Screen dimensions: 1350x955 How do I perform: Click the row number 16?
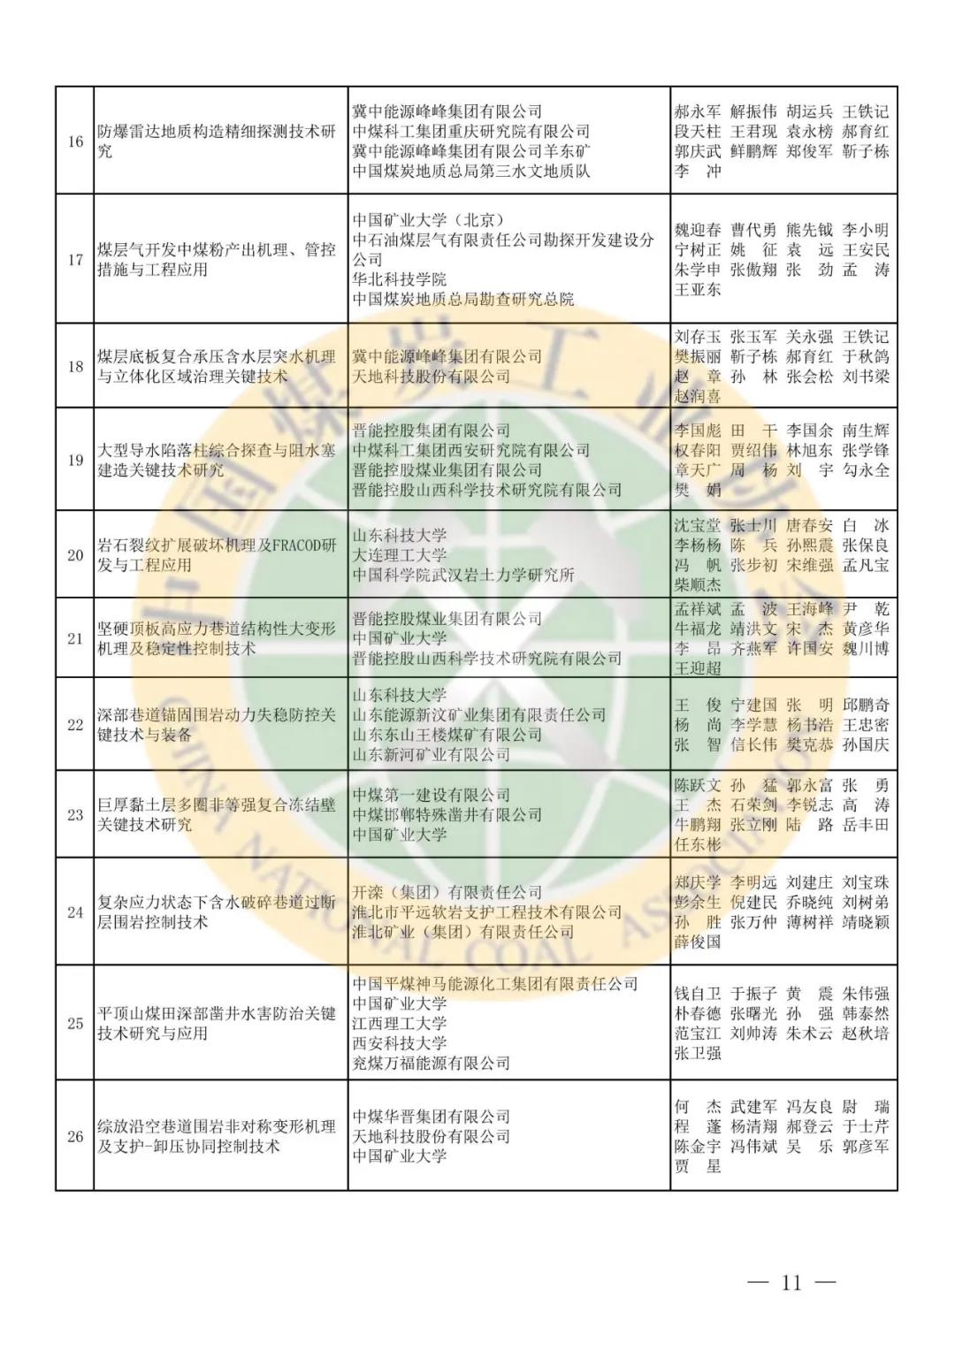[75, 141]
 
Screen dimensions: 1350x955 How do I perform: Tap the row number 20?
[75, 555]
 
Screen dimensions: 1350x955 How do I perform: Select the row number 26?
[75, 1136]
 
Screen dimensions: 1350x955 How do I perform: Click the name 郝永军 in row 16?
[698, 112]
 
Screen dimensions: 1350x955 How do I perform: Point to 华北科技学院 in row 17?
[400, 279]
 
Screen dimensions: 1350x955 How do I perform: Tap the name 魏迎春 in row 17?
[698, 231]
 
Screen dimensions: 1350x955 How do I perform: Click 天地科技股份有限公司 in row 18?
[432, 377]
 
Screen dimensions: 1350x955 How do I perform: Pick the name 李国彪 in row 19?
[698, 431]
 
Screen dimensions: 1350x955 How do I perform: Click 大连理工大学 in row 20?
[400, 555]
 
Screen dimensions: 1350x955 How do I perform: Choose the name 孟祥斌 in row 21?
[698, 609]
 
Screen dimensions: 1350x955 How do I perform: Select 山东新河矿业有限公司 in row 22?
[432, 755]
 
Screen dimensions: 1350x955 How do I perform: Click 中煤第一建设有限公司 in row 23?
[432, 795]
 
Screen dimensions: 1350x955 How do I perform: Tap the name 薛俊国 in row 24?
[698, 942]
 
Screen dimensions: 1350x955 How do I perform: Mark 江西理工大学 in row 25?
[400, 1024]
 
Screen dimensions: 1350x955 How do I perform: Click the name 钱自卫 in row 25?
[698, 994]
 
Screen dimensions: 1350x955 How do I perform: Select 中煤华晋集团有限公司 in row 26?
[432, 1117]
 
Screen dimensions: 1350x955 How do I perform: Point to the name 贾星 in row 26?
[698, 1167]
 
